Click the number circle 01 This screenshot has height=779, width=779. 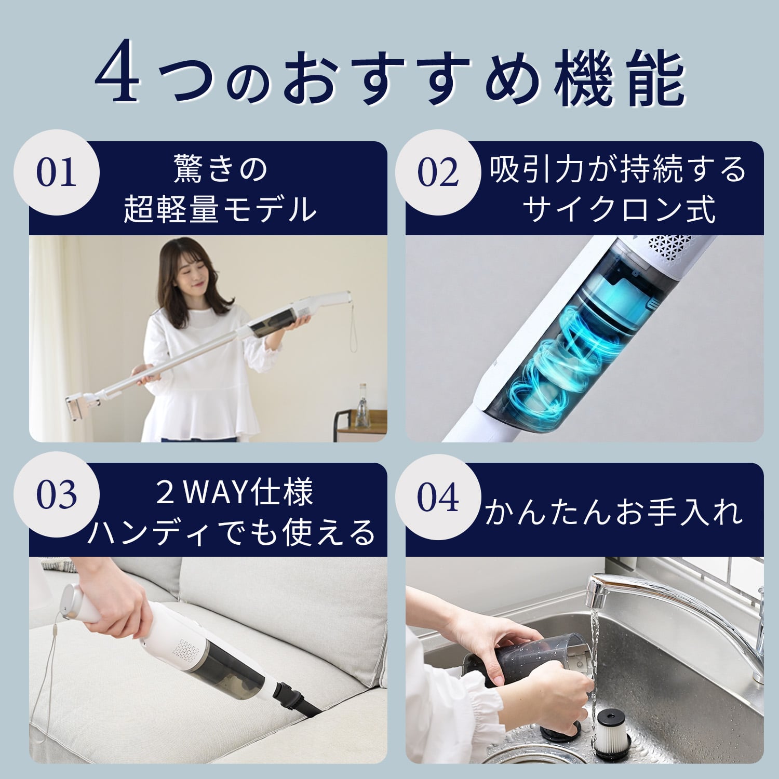click(57, 172)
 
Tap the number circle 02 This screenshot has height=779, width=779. click(438, 172)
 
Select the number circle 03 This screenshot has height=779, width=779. click(57, 494)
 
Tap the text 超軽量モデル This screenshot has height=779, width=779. click(220, 209)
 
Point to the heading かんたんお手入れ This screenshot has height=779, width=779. click(613, 512)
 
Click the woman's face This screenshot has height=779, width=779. click(190, 278)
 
